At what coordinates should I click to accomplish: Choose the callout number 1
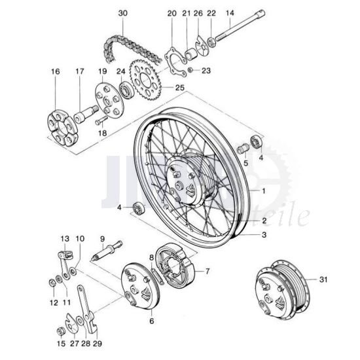[x=264, y=191]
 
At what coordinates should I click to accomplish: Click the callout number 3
[x=264, y=234]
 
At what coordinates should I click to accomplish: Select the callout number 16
[x=54, y=71]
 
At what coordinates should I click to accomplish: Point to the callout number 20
[x=172, y=13]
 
